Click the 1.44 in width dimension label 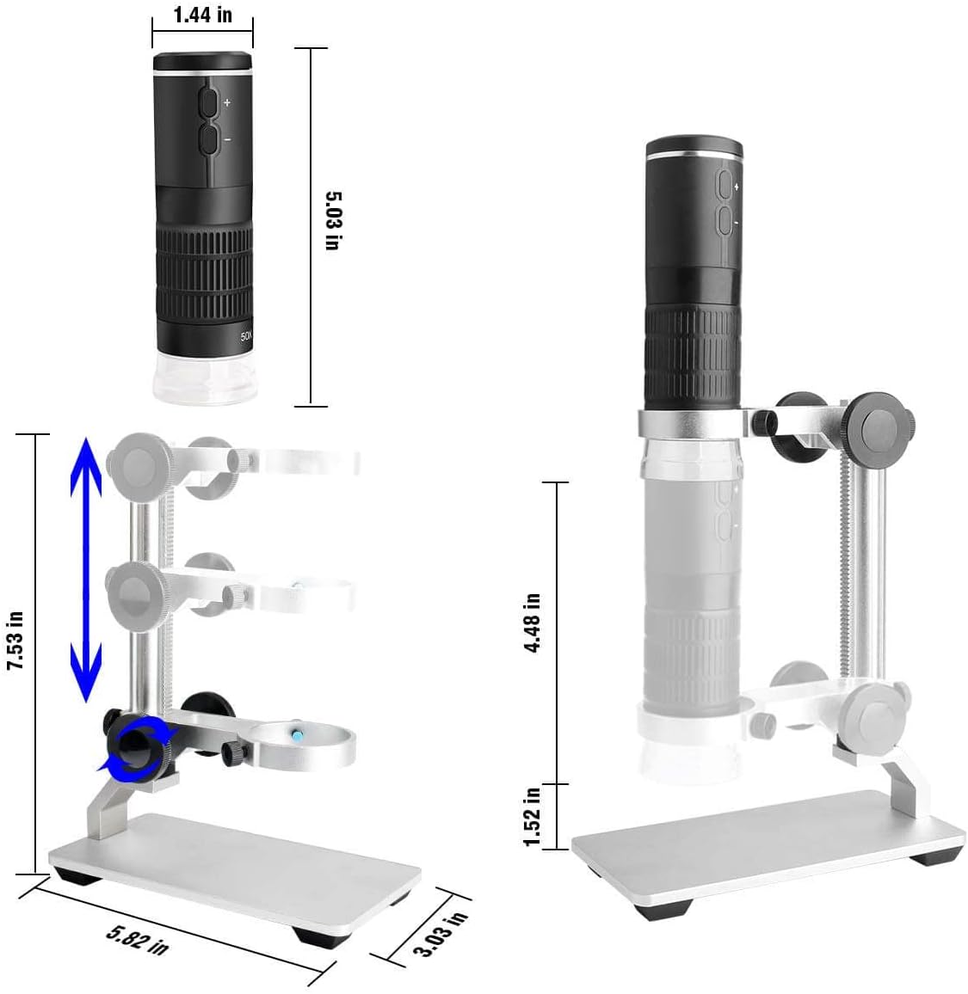tap(203, 15)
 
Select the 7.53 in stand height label tap(15, 641)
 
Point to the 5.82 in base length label tap(137, 940)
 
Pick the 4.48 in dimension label tap(533, 623)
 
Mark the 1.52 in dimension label tap(532, 817)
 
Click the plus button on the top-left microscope tap(208, 102)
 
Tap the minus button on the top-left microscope tap(208, 139)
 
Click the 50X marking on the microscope tap(246, 336)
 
